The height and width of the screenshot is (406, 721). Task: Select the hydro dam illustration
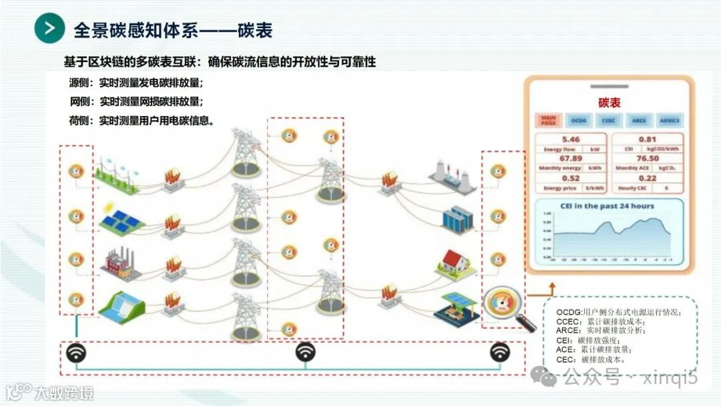click(x=121, y=307)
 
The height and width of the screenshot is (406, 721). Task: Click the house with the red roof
click(x=455, y=262)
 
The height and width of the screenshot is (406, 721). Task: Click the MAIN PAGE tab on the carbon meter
click(x=548, y=120)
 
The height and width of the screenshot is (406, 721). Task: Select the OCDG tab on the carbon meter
click(x=578, y=120)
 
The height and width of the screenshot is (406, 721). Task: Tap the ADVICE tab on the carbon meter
click(x=669, y=120)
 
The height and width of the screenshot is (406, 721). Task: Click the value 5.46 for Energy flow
click(x=570, y=140)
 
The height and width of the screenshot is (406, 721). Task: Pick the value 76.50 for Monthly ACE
click(x=647, y=159)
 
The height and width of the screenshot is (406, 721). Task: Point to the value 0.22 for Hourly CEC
click(x=647, y=178)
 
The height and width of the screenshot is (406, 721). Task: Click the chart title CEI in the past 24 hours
click(x=607, y=206)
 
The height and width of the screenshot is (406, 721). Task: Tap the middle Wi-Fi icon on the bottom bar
click(x=306, y=352)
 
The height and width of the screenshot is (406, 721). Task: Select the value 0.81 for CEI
click(x=647, y=140)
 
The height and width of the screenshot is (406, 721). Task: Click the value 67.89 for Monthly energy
click(x=570, y=159)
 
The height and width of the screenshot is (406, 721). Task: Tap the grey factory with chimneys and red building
click(x=118, y=263)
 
